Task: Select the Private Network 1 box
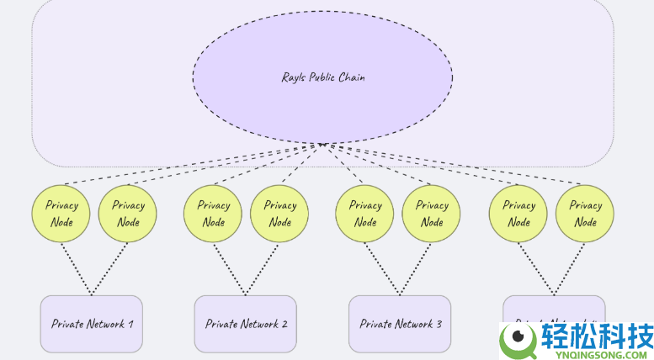click(91, 324)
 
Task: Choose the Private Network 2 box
click(245, 324)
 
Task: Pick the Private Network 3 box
click(399, 324)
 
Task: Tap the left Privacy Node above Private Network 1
click(61, 214)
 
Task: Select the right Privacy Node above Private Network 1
click(128, 214)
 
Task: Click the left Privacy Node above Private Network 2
click(213, 214)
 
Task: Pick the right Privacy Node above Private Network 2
click(279, 214)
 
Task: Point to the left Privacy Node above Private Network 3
click(364, 214)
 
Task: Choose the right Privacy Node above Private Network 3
click(431, 214)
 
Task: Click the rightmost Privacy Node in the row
click(585, 214)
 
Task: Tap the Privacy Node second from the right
click(518, 214)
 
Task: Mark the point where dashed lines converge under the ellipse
click(322, 144)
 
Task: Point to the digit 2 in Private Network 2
click(284, 324)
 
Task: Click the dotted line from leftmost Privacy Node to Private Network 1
click(76, 268)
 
